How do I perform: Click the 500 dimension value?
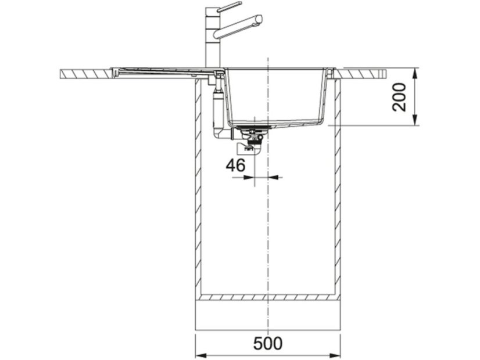click(x=268, y=343)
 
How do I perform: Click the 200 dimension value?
click(x=399, y=97)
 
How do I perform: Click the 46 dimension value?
click(x=236, y=165)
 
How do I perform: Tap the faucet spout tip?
click(x=259, y=19)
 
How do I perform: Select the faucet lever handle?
click(x=230, y=7)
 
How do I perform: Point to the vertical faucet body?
click(x=212, y=38)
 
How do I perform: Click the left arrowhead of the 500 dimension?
click(x=199, y=356)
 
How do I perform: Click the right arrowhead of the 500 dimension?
click(x=336, y=356)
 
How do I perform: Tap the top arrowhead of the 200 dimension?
click(x=415, y=72)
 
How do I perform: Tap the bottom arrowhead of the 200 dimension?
click(x=415, y=121)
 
